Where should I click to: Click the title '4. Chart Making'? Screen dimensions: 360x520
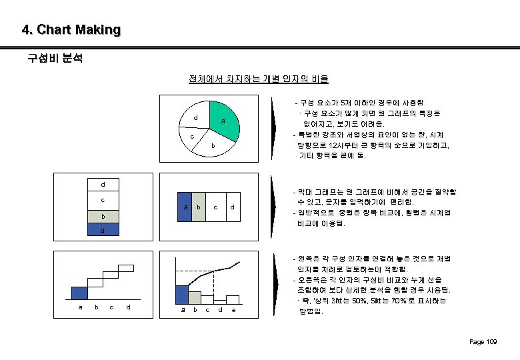[x=71, y=30]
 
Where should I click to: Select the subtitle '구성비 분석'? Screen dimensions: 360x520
[x=55, y=59]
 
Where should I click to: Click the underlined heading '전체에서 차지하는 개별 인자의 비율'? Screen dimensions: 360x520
[x=259, y=79]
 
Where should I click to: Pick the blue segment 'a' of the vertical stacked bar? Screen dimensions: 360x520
[x=103, y=229]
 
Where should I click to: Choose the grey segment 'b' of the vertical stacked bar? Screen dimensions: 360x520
[x=103, y=217]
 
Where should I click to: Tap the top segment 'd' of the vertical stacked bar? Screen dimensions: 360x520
[x=103, y=185]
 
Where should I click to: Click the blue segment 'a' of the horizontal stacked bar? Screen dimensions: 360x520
[x=185, y=206]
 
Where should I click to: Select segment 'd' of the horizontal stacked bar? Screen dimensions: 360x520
[x=231, y=206]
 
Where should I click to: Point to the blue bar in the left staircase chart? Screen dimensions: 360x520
[x=79, y=293]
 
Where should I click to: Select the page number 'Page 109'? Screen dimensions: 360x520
[x=483, y=342]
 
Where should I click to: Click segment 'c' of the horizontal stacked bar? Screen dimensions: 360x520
[x=215, y=206]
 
